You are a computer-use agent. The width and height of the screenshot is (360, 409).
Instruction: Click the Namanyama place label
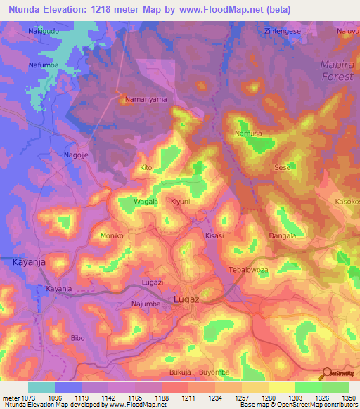(146, 99)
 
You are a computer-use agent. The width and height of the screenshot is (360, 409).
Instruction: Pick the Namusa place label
(247, 133)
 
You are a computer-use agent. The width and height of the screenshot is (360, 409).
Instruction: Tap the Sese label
(281, 168)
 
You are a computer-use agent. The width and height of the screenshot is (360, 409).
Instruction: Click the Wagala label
(146, 202)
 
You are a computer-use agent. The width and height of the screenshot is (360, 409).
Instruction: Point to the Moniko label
(112, 235)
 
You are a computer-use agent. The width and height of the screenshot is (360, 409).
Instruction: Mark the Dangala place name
(282, 235)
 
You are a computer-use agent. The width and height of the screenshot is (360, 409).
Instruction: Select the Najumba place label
(146, 304)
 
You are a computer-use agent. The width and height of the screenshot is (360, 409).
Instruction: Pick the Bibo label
(77, 338)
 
